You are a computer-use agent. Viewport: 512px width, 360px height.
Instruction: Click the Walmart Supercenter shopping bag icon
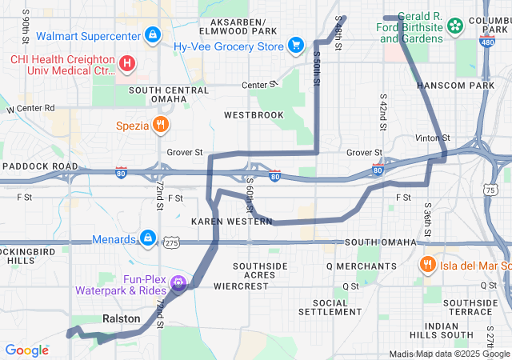152,35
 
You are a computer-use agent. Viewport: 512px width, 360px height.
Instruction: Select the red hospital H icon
126,62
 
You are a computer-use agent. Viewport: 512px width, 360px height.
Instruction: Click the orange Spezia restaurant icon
161,125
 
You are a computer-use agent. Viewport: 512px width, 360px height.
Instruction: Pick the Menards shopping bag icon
147,237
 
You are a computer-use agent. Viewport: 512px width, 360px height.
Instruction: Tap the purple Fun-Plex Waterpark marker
178,282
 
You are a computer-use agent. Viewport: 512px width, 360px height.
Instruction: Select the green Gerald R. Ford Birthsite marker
455,26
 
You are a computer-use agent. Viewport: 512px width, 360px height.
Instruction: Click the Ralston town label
122,318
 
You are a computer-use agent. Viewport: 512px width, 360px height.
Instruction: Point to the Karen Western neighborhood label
232,221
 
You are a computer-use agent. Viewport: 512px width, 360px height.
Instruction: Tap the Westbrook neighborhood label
254,115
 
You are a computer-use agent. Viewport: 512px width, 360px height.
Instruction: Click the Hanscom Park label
455,85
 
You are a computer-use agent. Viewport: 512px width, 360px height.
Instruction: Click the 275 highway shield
171,242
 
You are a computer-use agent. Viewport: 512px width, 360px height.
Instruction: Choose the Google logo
26,350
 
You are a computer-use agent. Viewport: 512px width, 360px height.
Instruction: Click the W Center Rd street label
30,108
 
